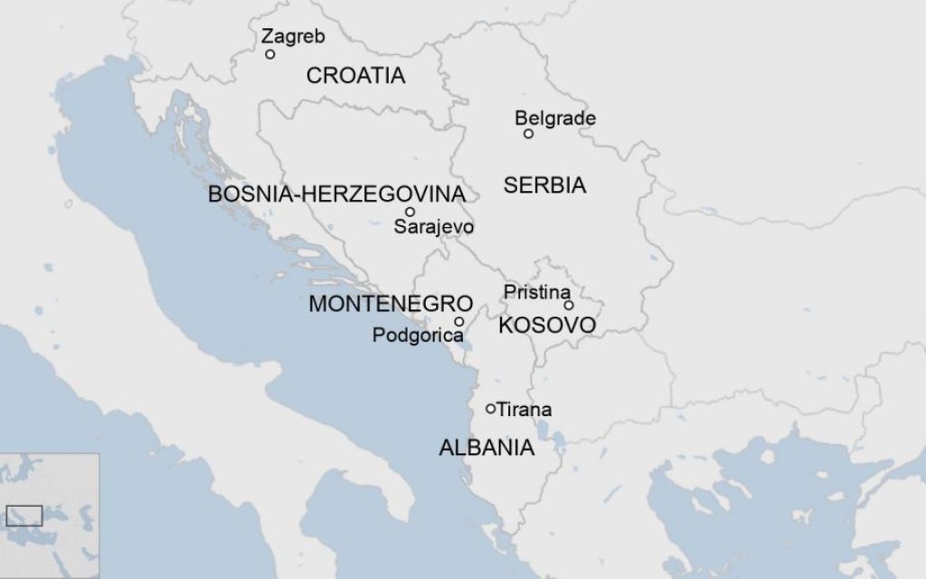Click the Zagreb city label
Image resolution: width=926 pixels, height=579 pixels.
[293, 36]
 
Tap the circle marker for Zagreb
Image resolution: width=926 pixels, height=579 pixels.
[270, 54]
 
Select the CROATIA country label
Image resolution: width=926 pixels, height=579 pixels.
[355, 76]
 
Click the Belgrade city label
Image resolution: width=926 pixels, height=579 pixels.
[555, 118]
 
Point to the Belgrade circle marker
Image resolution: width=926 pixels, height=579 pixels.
[529, 134]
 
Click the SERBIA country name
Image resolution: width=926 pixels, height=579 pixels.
[544, 185]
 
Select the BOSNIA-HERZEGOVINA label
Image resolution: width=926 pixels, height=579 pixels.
[336, 195]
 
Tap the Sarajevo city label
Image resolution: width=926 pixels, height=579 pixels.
[433, 227]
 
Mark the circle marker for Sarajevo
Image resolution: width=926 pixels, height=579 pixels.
[410, 212]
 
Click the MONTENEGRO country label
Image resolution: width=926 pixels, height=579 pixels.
[391, 304]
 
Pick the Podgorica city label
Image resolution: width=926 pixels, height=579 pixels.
[418, 336]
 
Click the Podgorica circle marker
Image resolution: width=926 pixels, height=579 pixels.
[459, 321]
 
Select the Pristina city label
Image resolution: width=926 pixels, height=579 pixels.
[537, 291]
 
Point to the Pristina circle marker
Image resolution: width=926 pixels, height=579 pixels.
[568, 305]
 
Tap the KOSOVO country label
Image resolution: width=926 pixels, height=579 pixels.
[547, 325]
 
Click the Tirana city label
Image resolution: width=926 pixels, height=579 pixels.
[524, 410]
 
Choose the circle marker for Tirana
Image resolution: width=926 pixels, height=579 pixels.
[491, 409]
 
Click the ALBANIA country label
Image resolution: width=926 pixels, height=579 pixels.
[486, 448]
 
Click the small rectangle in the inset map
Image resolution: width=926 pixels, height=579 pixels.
[24, 516]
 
